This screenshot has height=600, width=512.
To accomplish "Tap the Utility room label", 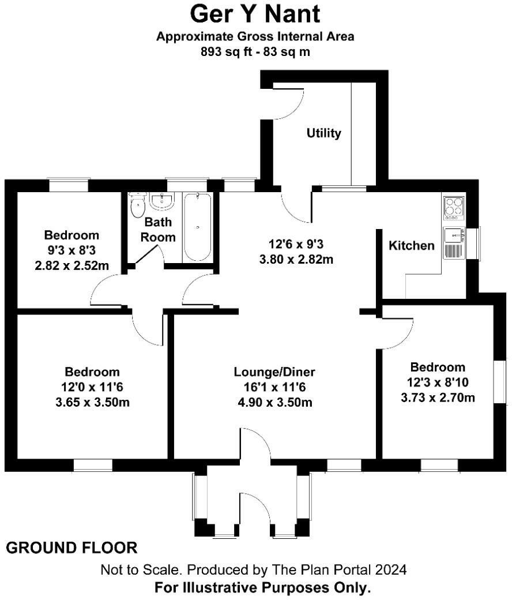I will point(323,133).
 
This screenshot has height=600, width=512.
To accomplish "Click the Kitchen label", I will point(412,246).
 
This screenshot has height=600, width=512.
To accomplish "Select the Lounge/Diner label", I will point(274,372).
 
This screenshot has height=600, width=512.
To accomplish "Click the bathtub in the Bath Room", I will point(198,227).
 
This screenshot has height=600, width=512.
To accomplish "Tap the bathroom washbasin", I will point(162,201).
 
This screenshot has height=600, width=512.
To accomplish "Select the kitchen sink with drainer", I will point(454,242).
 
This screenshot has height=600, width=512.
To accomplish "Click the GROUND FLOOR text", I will point(72,547).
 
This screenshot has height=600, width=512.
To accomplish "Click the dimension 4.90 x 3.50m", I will point(274,402).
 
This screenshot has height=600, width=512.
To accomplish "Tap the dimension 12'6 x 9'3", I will point(296,244).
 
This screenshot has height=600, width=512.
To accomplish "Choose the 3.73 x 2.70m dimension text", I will point(438,397).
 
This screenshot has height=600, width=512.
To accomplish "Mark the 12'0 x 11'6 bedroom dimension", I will point(92,387).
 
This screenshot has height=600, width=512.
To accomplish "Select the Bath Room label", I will point(159,229).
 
